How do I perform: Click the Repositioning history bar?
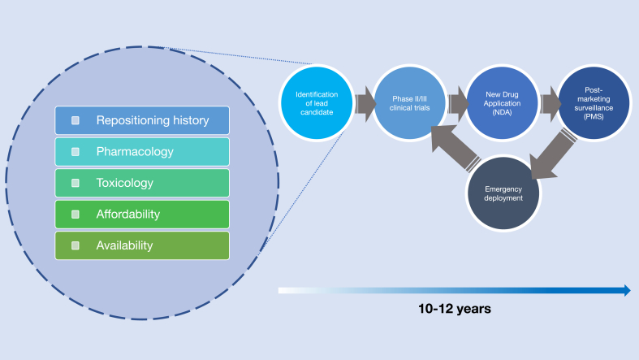(142, 120)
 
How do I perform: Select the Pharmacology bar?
(142, 152)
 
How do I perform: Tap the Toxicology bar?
(142, 183)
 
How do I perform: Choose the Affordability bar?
(142, 214)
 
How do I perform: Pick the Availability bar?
(142, 245)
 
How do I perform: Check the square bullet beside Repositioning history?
(76, 120)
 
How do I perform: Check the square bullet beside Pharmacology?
(76, 152)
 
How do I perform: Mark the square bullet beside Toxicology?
(76, 183)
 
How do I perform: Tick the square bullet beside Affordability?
(76, 214)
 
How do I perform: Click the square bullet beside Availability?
(76, 245)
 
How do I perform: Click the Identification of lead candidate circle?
(317, 102)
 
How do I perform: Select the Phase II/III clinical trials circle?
(409, 102)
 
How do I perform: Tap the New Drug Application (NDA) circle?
(502, 102)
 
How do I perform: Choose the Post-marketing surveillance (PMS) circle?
(594, 102)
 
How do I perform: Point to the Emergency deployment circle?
(503, 193)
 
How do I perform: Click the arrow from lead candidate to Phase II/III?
(365, 104)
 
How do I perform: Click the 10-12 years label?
(455, 309)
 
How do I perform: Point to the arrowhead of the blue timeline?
(628, 290)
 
